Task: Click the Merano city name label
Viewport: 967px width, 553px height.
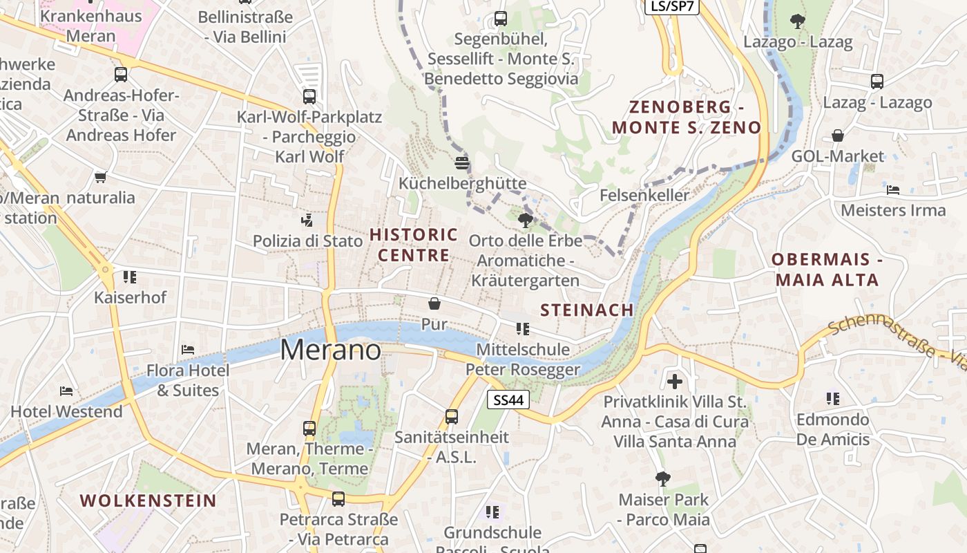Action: coord(330,350)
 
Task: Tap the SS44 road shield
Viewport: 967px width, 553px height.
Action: coord(508,400)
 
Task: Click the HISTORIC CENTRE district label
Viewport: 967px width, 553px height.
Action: coord(414,245)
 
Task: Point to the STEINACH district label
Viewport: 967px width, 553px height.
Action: coord(587,310)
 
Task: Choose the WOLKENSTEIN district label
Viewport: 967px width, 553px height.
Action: coord(148,500)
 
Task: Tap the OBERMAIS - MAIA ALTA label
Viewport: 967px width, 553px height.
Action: coord(827,270)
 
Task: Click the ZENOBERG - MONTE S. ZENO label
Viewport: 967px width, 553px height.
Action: coord(686,117)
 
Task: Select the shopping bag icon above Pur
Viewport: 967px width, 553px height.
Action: coord(434,303)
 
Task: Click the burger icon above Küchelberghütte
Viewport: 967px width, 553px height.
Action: coord(462,163)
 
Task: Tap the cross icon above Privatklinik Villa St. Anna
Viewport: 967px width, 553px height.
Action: coord(675,381)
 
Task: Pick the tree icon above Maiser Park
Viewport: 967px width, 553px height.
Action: coord(663,478)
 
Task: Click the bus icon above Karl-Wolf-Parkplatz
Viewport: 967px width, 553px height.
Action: coord(309,97)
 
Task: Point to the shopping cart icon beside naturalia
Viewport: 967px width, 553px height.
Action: coord(101,178)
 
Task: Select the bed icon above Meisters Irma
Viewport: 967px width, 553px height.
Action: coord(893,189)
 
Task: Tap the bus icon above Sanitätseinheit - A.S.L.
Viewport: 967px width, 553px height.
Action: coord(452,416)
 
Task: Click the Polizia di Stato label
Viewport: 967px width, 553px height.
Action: coord(307,241)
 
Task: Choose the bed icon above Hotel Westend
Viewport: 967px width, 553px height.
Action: coord(66,391)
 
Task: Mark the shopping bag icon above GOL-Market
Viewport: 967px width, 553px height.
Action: coord(838,135)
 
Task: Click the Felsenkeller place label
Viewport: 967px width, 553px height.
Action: coord(644,195)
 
